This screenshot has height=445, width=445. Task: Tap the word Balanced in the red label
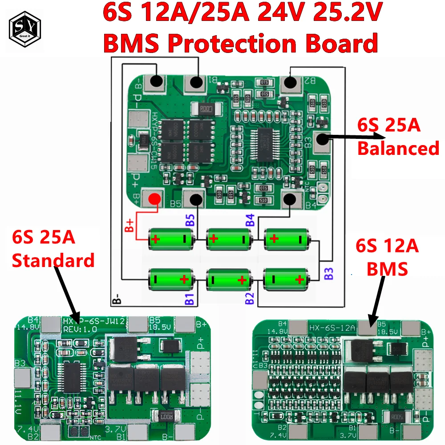[398, 148]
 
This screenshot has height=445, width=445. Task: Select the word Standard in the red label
[53, 260]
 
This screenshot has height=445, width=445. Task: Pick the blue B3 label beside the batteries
[328, 273]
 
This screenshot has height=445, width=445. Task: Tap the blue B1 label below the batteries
[188, 298]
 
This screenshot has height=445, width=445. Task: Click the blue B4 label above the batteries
[250, 220]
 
